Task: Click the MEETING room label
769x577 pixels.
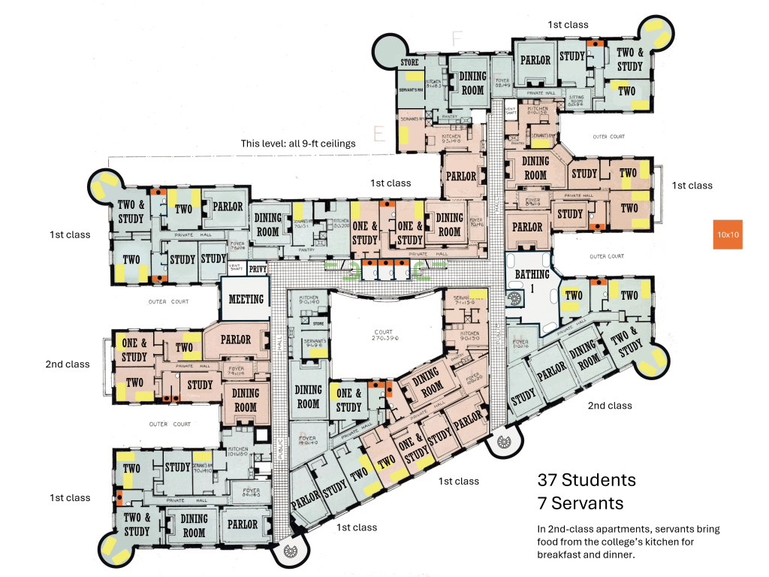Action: (246, 299)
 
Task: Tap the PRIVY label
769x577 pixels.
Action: (257, 267)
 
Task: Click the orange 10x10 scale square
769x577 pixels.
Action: (728, 234)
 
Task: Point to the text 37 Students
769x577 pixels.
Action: (587, 480)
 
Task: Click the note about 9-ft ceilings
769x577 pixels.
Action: (298, 143)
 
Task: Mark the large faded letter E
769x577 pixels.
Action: (379, 134)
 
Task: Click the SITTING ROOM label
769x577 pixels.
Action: (576, 102)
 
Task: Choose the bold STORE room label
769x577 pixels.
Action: (409, 62)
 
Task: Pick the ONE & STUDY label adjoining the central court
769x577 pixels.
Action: (348, 400)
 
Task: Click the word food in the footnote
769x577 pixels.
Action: (549, 542)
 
